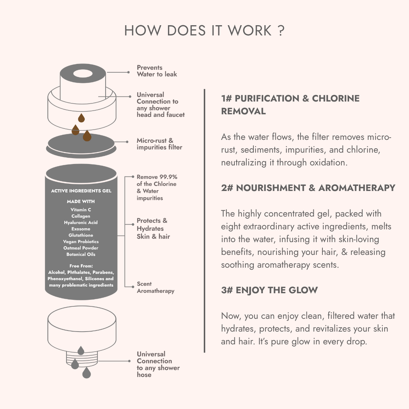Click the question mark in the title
click(281, 31)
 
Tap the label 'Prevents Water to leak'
click(157, 71)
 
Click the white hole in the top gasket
click(83, 73)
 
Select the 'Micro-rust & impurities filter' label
click(159, 144)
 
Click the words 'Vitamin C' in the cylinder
click(81, 210)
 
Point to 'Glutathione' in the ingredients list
click(81, 235)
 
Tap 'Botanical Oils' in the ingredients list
click(81, 254)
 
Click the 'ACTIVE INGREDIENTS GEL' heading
click(81, 191)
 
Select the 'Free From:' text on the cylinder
click(81, 266)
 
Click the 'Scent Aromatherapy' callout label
click(156, 287)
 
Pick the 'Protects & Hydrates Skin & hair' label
click(153, 229)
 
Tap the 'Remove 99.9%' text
click(157, 177)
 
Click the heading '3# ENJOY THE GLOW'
click(270, 290)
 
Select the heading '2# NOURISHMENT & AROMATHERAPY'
click(308, 188)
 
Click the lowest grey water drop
click(87, 373)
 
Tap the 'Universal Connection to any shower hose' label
click(158, 364)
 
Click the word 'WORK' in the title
click(250, 31)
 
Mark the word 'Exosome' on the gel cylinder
click(81, 229)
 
